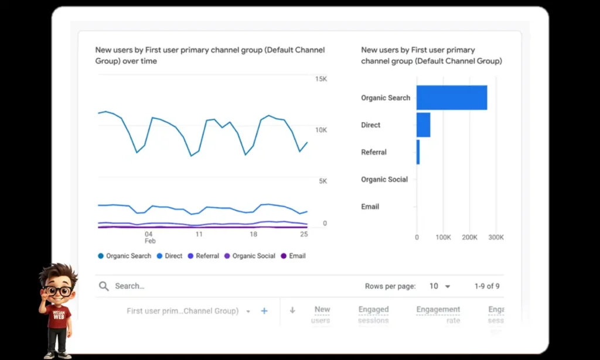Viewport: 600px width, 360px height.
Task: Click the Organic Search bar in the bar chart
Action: [x=452, y=97]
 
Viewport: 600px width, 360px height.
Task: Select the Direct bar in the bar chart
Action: [x=424, y=125]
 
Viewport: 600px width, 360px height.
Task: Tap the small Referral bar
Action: [x=418, y=152]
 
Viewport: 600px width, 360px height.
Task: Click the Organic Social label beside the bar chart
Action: [x=384, y=179]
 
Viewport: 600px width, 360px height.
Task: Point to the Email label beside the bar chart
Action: [x=370, y=206]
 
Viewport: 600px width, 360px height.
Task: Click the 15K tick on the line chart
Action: [x=321, y=79]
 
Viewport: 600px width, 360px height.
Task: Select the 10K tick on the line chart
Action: [x=321, y=130]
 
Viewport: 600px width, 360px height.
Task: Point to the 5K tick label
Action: [x=323, y=181]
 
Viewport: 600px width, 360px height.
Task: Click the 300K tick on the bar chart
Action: [x=496, y=237]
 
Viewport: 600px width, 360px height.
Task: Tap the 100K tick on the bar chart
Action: [x=443, y=237]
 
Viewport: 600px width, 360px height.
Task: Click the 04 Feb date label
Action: [x=149, y=237]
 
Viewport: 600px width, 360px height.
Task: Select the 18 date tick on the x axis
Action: [x=253, y=234]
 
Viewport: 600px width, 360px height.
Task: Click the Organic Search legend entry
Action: [x=124, y=256]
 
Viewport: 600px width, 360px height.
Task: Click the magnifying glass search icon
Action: [x=104, y=286]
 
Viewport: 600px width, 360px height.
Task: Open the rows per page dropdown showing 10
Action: [x=439, y=286]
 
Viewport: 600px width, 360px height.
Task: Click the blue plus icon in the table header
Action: [x=264, y=311]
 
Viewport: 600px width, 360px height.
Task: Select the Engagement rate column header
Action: [x=438, y=314]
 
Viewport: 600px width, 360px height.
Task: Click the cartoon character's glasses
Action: [x=58, y=291]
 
